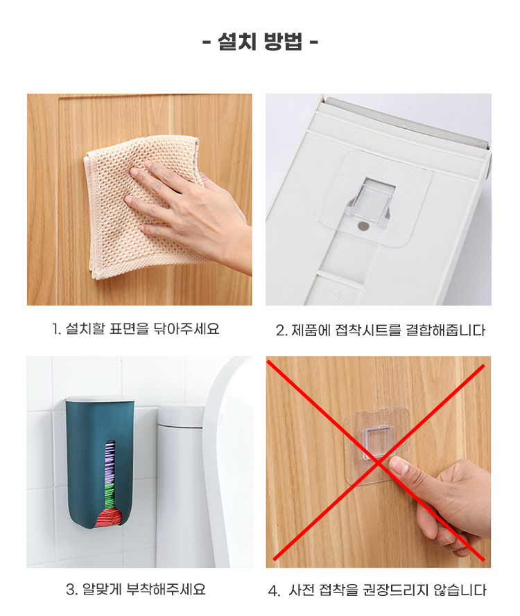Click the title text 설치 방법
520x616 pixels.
tap(260, 42)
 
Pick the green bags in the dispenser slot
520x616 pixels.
tap(110, 495)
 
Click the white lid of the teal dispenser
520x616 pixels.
tap(100, 399)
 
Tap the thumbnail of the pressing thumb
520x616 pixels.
tap(398, 466)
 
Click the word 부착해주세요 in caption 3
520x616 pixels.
tap(166, 590)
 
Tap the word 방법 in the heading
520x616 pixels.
tap(283, 42)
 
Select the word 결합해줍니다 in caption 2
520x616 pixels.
tap(446, 331)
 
